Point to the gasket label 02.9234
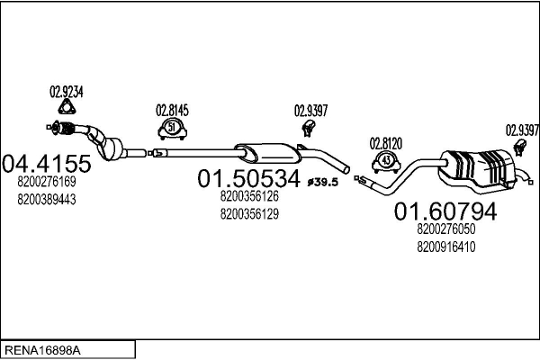click(x=66, y=91)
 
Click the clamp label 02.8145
click(x=173, y=111)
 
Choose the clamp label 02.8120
click(x=386, y=142)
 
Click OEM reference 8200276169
click(x=46, y=182)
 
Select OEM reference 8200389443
click(x=46, y=199)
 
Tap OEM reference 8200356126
click(x=248, y=196)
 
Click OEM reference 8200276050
click(x=445, y=229)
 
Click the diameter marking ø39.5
click(x=322, y=183)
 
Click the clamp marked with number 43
click(x=386, y=161)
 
